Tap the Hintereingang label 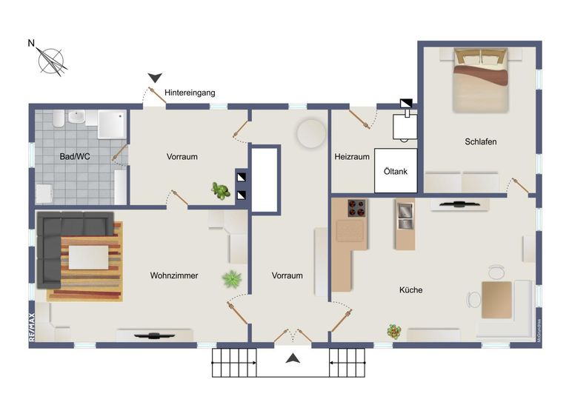tap(190, 93)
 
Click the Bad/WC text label tap(74, 156)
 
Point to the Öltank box tap(395, 170)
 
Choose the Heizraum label tap(351, 156)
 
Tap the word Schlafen tap(480, 141)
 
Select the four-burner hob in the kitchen tap(356, 209)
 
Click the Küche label tap(410, 289)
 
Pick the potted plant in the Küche tap(394, 332)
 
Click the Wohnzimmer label tap(174, 275)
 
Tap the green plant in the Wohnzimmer tap(232, 279)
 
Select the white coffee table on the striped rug tap(89, 257)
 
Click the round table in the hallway tap(310, 133)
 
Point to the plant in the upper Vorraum tap(220, 191)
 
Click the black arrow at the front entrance tap(293, 359)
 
